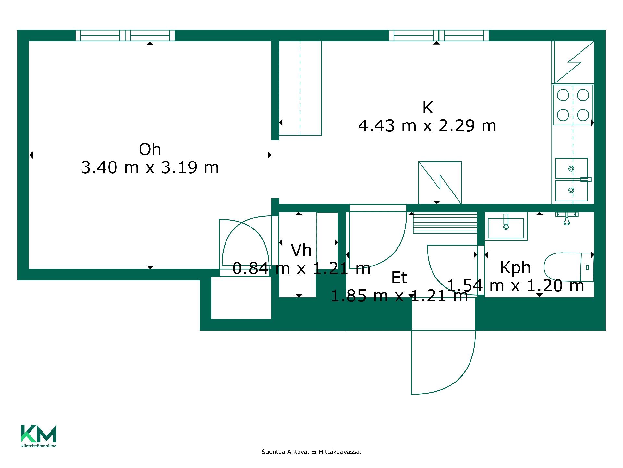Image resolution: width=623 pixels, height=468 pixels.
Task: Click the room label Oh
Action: tap(150, 149)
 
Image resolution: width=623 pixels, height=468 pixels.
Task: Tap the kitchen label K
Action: tap(428, 108)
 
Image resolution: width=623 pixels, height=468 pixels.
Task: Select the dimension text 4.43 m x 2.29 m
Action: tap(427, 126)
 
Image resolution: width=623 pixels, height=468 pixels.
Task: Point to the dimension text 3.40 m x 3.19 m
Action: tap(150, 168)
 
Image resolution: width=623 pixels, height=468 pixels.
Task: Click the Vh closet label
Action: tap(301, 250)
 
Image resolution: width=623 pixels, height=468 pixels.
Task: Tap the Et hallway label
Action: tap(399, 278)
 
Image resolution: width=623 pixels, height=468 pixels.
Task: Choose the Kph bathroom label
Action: tap(515, 268)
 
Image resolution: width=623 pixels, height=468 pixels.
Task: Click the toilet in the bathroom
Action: tap(569, 267)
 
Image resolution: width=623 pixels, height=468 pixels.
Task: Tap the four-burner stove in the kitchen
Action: tap(573, 105)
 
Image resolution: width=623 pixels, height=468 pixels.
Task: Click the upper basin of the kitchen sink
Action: tap(571, 168)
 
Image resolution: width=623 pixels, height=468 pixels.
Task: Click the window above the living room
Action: tap(125, 35)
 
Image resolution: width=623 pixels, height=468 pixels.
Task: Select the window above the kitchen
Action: tap(439, 35)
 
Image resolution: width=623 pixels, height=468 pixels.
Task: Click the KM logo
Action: tap(39, 436)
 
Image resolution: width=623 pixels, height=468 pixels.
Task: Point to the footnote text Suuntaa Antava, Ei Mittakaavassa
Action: tap(311, 452)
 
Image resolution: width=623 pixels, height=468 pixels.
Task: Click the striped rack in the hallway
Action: tap(445, 223)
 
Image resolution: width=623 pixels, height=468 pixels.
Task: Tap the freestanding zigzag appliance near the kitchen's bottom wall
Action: tap(440, 183)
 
